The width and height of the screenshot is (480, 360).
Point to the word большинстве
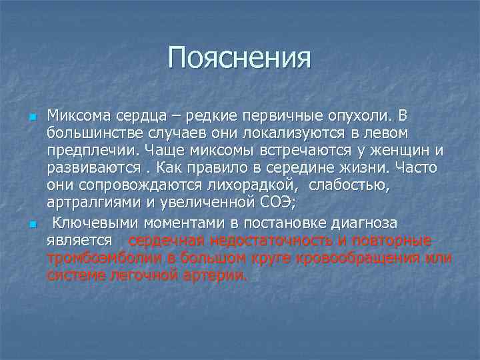(87, 134)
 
